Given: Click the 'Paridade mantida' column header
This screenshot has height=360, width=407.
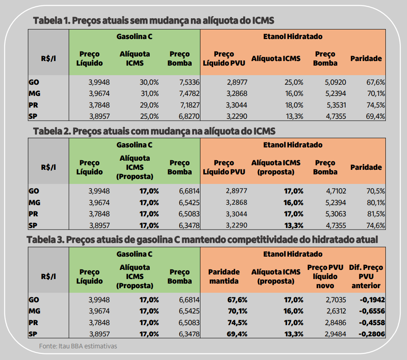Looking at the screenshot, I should [224, 277].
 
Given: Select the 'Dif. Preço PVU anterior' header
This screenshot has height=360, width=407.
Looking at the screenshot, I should [366, 277].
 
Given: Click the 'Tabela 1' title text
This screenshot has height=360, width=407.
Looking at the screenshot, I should [153, 20].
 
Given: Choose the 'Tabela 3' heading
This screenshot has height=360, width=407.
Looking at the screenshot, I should [202, 240].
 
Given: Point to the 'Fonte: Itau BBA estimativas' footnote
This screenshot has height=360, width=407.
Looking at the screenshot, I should [78, 346].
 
